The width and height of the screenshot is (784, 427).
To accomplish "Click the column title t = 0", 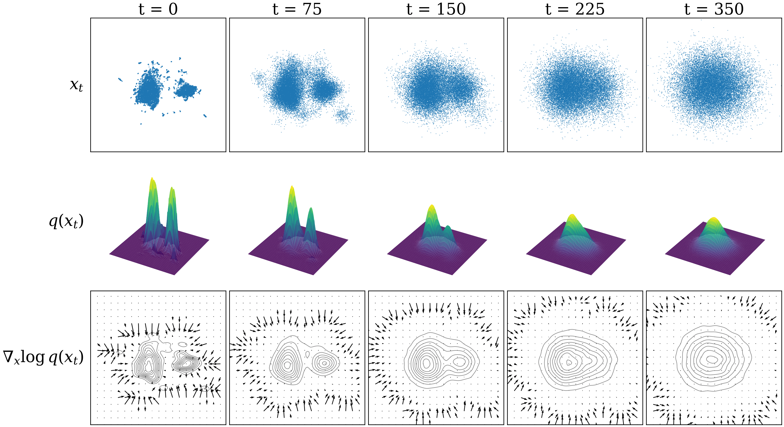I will pos(158,9).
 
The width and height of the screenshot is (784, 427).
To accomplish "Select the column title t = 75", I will pos(297,9).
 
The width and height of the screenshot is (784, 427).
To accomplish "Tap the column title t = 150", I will pos(436,9).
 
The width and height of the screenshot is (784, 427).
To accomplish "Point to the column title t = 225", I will pos(575,9).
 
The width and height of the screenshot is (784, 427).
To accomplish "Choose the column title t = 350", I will pos(714,9).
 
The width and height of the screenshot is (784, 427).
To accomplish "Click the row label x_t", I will pos(76,85).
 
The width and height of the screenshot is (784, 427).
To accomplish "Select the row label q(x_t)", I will pos(66,221).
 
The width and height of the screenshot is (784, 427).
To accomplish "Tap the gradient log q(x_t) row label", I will pos(43,357).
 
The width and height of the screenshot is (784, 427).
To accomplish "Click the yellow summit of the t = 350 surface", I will pos(714,219).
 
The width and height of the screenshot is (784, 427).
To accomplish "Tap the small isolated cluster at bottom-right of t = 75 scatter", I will pos(343,115).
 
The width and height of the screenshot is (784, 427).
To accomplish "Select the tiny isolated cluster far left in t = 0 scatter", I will pos(120,80).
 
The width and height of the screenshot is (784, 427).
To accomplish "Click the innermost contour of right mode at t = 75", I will pos(325,363).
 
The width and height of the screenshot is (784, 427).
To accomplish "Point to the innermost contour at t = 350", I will pos(712,359).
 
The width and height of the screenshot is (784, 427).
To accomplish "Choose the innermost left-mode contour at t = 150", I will pos(426,363).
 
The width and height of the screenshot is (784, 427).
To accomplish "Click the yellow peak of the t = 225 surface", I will pos(572,216).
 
